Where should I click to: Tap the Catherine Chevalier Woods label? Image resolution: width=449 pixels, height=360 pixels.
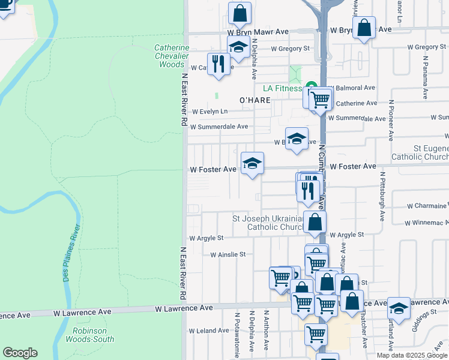pyautogui.click(x=172, y=56)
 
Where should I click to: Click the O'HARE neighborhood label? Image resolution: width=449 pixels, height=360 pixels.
pyautogui.click(x=255, y=100)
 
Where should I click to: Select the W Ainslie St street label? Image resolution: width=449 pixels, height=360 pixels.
pyautogui.click(x=228, y=254)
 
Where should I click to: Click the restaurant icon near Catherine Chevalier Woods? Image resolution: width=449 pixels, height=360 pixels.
pyautogui.click(x=217, y=63)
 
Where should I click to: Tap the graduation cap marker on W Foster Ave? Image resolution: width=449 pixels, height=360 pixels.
pyautogui.click(x=252, y=163)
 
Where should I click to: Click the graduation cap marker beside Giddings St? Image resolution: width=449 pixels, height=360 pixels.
pyautogui.click(x=399, y=308)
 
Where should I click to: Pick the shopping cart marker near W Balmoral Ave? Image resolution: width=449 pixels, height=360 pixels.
pyautogui.click(x=320, y=98)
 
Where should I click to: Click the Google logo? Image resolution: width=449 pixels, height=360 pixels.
pyautogui.click(x=20, y=353)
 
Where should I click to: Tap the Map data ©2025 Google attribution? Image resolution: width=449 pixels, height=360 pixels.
pyautogui.click(x=411, y=355)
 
